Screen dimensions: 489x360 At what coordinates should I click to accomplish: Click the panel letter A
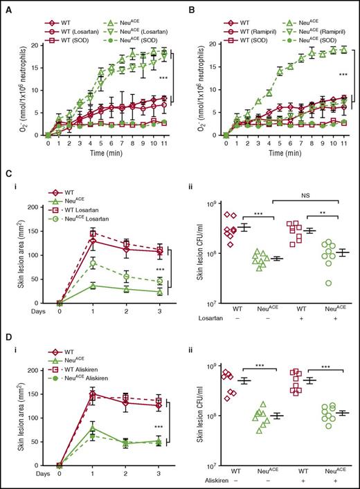pyautogui.click(x=6, y=6)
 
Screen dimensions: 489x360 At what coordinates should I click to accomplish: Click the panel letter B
pyautogui.click(x=188, y=6)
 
